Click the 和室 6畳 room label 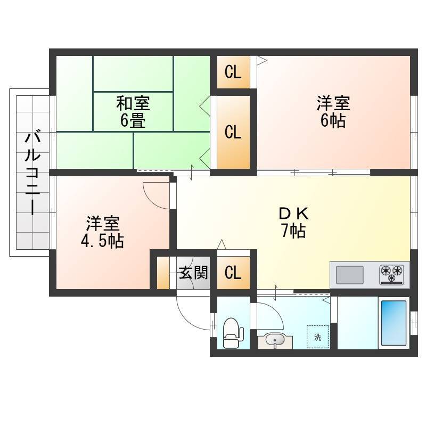(133, 111)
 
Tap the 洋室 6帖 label (333, 111)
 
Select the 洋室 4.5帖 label (102, 232)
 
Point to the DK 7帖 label (293, 222)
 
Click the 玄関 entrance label (193, 272)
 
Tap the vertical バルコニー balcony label (32, 174)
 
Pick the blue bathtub (394, 323)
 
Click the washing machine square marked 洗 (317, 337)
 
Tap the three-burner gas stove (391, 274)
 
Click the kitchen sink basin (350, 275)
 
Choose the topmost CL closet (233, 72)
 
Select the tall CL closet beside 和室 (233, 132)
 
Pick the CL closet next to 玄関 (233, 273)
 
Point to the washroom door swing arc (276, 310)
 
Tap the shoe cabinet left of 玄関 (163, 273)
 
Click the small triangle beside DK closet (222, 244)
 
